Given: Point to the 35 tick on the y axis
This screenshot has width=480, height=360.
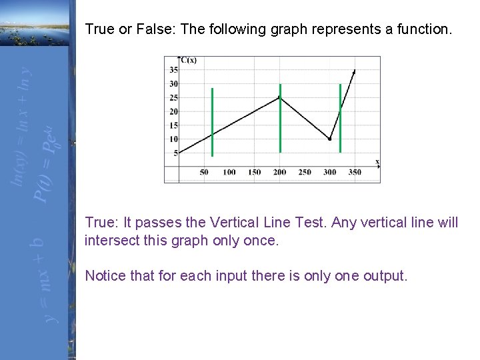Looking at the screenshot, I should coord(173,70).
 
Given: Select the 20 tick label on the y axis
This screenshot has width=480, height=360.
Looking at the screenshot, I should coord(173,111).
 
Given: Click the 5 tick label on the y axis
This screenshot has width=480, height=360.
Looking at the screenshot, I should coord(175,153).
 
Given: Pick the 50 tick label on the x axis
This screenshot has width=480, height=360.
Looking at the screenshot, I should coord(204,172).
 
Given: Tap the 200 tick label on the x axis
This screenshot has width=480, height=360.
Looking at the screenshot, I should coord(279,172).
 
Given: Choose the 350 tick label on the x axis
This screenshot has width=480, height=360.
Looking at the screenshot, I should coord(355,172).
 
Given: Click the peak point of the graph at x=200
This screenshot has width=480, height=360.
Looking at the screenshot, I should coord(279,97).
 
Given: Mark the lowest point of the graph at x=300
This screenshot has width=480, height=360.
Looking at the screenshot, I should coord(329,139).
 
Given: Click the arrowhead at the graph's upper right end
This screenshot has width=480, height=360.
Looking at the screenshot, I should coord(354,71).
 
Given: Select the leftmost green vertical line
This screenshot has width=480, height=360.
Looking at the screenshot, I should coord(212,121).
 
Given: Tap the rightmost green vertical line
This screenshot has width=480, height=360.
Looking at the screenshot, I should coord(340,118).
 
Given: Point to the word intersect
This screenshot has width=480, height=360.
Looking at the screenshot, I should coord(111,240).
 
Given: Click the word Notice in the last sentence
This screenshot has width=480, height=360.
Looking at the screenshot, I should coord(105,275).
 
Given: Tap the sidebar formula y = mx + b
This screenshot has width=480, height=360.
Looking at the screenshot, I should coord(37,280).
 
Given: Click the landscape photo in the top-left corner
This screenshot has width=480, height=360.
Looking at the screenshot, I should coord(33,23).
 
